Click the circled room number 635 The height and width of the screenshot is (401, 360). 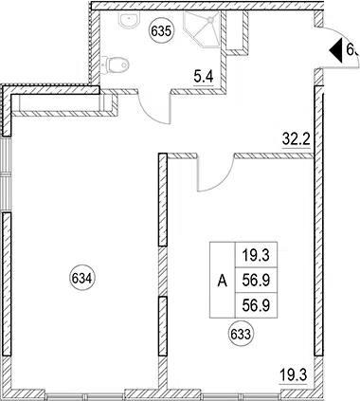pos(161,31)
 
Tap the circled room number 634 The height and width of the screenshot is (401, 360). pos(81,279)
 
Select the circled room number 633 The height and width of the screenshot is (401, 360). pos(241,335)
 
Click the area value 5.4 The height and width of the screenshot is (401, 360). pos(204,77)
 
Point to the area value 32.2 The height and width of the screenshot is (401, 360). pos(297,139)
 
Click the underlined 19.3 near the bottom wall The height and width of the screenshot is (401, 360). pos(294,375)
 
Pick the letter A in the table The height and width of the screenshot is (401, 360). pos(223,281)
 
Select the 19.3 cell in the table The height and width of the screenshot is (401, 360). pos(256,255)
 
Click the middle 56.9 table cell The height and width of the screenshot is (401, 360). pos(256,281)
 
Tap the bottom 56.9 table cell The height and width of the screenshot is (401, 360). pos(256,305)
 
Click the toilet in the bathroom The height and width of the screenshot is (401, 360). pos(116,64)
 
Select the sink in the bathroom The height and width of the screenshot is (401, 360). pos(129,21)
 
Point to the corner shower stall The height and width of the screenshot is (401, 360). pos(202,29)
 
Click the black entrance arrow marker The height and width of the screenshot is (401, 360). pos(336,50)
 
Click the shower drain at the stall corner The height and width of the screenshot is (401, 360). pos(209,20)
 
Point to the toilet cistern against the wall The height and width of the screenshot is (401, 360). pos(104,64)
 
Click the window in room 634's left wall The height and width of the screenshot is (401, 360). pos(6,173)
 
